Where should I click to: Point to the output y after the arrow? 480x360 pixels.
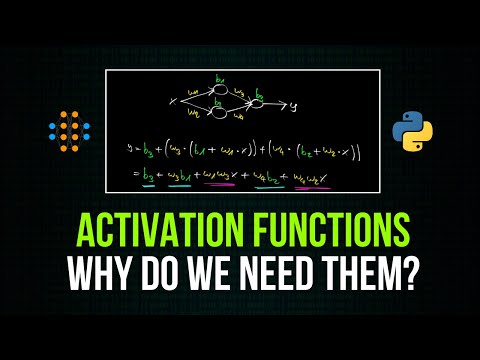click(x=308, y=103)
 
